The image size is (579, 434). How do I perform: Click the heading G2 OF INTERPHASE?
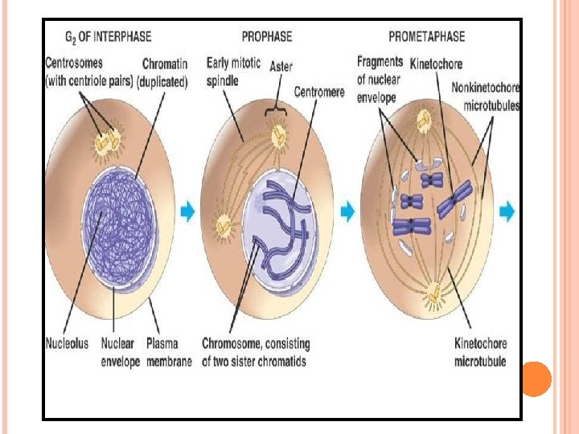pyautogui.click(x=107, y=37)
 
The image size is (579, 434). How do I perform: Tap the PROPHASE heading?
pyautogui.click(x=266, y=37)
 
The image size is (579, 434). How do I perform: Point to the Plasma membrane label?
pyautogui.click(x=169, y=353)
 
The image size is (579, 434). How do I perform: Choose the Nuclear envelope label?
pyautogui.click(x=117, y=353)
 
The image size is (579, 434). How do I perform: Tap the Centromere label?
pyautogui.click(x=319, y=92)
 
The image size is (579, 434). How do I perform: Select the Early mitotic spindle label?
pyautogui.click(x=232, y=71)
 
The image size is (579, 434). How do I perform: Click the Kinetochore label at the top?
pyautogui.click(x=437, y=63)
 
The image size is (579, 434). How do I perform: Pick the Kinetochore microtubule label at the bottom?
pyautogui.click(x=481, y=353)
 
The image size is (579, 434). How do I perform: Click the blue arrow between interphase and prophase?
pyautogui.click(x=187, y=212)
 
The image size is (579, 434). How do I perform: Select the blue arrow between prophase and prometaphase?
pyautogui.click(x=347, y=212)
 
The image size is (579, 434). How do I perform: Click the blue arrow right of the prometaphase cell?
pyautogui.click(x=507, y=212)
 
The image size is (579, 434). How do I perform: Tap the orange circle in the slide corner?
pyautogui.click(x=536, y=379)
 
